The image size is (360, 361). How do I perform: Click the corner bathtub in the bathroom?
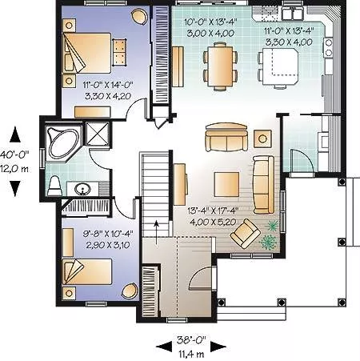pyautogui.click(x=63, y=143)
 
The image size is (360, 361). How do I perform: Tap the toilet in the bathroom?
pyautogui.click(x=55, y=186)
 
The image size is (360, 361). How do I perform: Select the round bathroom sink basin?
pyautogui.click(x=82, y=189)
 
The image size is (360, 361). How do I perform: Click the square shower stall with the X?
pyautogui.click(x=98, y=134)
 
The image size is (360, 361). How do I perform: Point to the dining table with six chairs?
pyautogui.click(x=220, y=66)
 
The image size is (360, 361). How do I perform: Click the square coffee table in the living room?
pyautogui.click(x=226, y=184)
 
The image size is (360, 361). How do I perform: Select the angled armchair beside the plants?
pyautogui.click(x=246, y=234)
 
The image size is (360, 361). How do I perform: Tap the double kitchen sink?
pyautogui.click(x=293, y=14)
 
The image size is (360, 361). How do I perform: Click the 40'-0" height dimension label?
pyautogui.click(x=14, y=154)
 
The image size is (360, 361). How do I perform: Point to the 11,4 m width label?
pyautogui.click(x=191, y=355)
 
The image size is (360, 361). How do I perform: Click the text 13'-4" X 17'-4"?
pyautogui.click(x=213, y=211)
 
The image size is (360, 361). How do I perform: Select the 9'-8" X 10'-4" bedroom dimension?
pyautogui.click(x=108, y=234)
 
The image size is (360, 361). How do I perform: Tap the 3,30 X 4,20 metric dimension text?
pyautogui.click(x=108, y=96)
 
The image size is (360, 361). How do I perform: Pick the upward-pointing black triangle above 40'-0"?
pyautogui.click(x=15, y=134)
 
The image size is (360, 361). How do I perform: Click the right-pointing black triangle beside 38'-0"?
pyautogui.click(x=218, y=347)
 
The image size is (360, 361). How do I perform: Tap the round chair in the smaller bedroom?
pyautogui.click(x=130, y=291)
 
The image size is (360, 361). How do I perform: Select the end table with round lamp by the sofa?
pyautogui.click(x=262, y=138)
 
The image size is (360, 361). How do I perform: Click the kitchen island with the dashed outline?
pyautogui.click(x=280, y=66)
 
